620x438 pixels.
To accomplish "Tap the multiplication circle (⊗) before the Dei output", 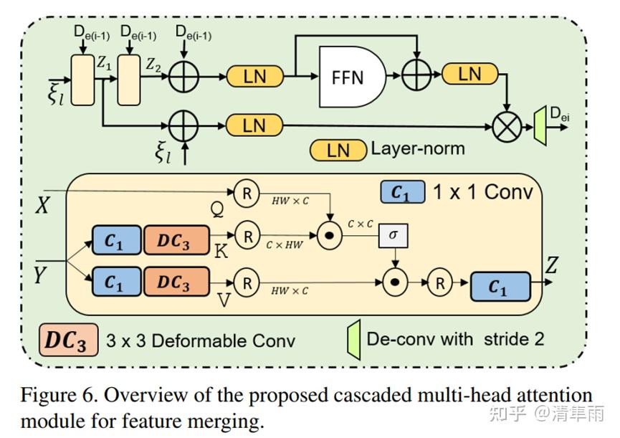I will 507,125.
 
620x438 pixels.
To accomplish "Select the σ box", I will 392,236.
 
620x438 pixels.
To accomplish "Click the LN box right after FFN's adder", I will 469,74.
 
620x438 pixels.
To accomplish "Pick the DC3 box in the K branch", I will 176,238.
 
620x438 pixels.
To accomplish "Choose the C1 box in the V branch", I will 114,282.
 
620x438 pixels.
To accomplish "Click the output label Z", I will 552,267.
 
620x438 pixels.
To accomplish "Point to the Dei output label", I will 559,111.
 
